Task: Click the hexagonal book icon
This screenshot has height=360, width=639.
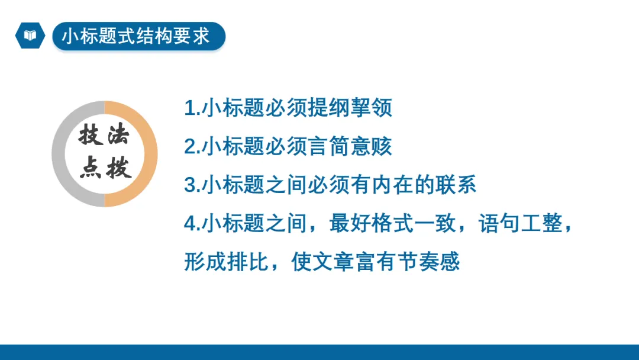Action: (x=30, y=36)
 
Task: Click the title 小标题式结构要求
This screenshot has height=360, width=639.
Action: (x=137, y=36)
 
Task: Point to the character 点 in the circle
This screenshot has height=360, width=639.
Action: (x=91, y=169)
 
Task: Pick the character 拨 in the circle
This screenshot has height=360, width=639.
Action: (x=118, y=169)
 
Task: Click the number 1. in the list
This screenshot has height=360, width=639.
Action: (x=192, y=109)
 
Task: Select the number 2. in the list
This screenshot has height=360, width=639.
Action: (x=192, y=147)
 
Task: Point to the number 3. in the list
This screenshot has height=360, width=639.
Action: (x=192, y=185)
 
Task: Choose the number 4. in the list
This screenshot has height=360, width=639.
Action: (x=192, y=224)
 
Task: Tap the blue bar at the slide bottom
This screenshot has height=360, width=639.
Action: (x=319, y=352)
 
